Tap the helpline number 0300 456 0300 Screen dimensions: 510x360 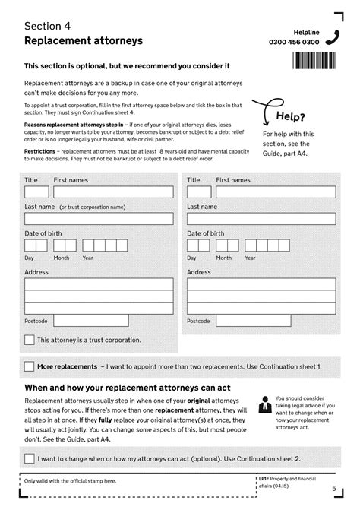click(x=316, y=43)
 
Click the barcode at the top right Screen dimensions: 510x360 click(x=314, y=62)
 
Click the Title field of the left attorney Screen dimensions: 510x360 click(x=36, y=192)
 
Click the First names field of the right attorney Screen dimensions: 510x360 click(x=275, y=192)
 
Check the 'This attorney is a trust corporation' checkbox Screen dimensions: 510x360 click(x=30, y=340)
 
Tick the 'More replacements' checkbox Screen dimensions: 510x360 click(x=29, y=366)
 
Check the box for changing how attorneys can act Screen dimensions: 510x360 click(x=29, y=458)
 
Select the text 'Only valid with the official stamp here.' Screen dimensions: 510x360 click(x=70, y=480)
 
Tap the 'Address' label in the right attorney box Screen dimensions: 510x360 click(x=199, y=272)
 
